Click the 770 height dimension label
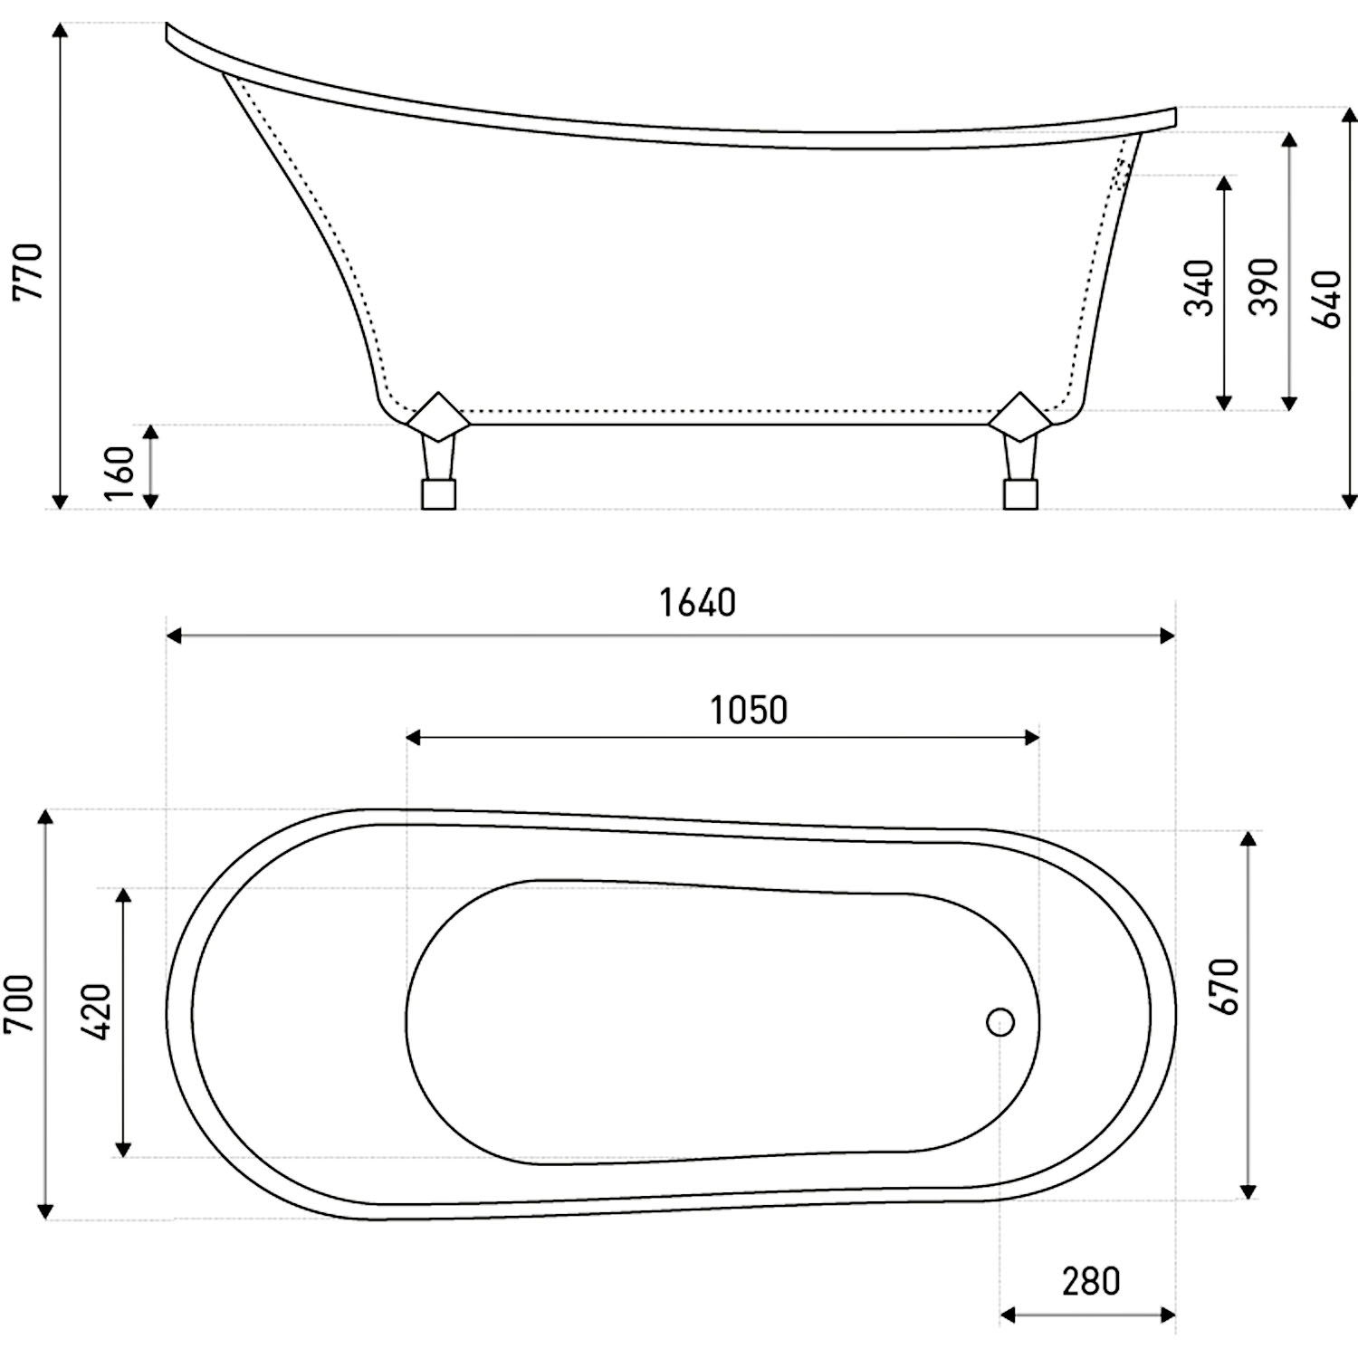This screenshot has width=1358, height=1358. click(28, 272)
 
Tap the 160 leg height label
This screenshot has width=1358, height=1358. click(120, 472)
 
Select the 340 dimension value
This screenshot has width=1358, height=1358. click(1200, 287)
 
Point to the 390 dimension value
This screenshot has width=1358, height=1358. click(1264, 287)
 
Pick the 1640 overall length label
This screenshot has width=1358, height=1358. click(697, 603)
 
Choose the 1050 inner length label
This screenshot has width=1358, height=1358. click(748, 711)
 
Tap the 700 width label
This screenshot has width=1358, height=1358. click(19, 1004)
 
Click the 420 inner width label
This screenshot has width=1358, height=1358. click(96, 1012)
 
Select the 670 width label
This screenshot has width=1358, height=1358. click(1223, 986)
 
